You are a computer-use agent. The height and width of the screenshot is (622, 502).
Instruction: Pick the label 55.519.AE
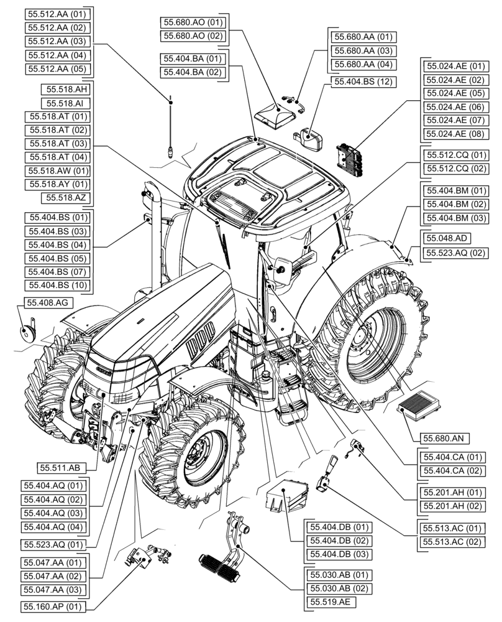point(330,601)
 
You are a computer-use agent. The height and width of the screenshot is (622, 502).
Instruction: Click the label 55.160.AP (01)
point(55,606)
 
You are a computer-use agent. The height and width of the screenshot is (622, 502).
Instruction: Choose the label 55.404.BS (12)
point(363,81)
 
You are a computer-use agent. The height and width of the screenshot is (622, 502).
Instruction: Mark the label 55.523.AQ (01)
point(55,544)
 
